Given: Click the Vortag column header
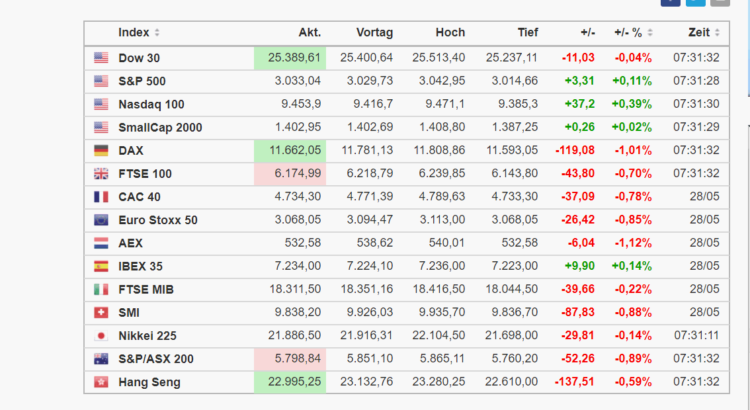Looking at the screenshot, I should pyautogui.click(x=374, y=32).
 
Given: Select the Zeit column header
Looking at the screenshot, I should pyautogui.click(x=699, y=32).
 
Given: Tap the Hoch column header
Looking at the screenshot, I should pyautogui.click(x=450, y=32).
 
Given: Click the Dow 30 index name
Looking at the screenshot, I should pyautogui.click(x=139, y=58).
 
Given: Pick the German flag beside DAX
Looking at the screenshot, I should pyautogui.click(x=101, y=151).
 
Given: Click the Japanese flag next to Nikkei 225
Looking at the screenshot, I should pyautogui.click(x=101, y=336).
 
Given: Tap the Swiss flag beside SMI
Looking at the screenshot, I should pyautogui.click(x=101, y=313).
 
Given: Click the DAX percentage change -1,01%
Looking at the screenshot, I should pyautogui.click(x=633, y=151).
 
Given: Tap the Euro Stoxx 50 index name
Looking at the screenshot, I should pyautogui.click(x=157, y=220).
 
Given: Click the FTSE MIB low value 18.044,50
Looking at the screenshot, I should pyautogui.click(x=511, y=290).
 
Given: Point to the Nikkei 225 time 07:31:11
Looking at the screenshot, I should pyautogui.click(x=696, y=336).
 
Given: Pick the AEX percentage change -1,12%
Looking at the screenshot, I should pyautogui.click(x=633, y=243).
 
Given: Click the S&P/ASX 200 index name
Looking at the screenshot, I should pyautogui.click(x=156, y=359).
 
